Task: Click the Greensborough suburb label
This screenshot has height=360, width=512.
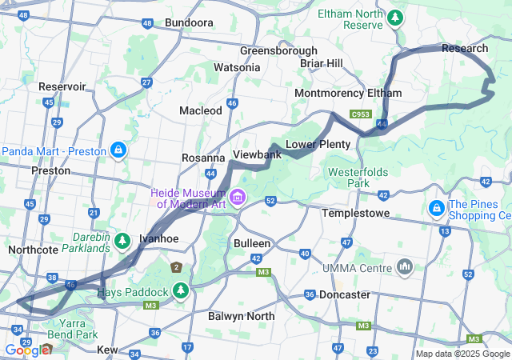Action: pos(278,50)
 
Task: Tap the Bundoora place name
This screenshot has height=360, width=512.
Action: pos(189,23)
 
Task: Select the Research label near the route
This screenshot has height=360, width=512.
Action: pos(464,49)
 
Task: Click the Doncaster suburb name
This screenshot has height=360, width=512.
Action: pos(344,295)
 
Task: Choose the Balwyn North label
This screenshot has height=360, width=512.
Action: pos(241,317)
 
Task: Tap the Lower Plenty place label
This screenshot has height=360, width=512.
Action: pos(318,144)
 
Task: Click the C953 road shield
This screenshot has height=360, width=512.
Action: pos(360,114)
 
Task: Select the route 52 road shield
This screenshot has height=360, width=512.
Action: pos(270,202)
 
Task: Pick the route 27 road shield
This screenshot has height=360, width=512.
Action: pos(146,82)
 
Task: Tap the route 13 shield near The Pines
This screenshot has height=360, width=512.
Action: pos(444,232)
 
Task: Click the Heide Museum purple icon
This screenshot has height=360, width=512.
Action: pos(237,197)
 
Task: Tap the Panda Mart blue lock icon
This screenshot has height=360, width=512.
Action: pos(118,150)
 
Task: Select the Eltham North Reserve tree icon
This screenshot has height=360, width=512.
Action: pos(394,16)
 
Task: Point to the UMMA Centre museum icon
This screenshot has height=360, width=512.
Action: pos(405,266)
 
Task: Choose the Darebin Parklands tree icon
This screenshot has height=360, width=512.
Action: pos(122,239)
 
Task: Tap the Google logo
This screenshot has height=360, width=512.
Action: pos(27,350)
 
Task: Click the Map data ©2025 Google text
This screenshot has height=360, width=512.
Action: pos(462,354)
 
